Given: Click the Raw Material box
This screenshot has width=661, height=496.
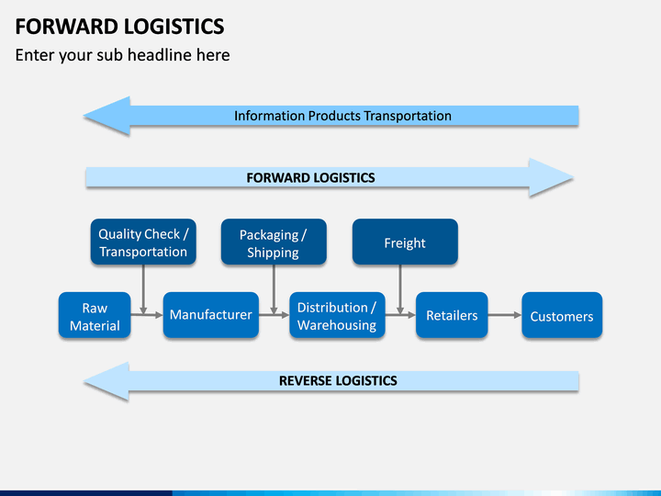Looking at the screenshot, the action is [95, 315].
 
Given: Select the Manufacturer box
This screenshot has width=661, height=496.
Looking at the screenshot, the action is [211, 315].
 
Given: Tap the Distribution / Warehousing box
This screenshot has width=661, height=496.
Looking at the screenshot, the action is [337, 315].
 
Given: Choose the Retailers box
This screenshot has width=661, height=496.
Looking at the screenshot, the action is [452, 315].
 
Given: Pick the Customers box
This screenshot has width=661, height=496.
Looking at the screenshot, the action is [562, 315].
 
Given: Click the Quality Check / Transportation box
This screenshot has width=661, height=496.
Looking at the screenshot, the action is [143, 242].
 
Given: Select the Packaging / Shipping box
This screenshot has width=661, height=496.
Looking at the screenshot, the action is [274, 242].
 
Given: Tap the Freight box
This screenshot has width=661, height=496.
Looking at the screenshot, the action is [405, 242].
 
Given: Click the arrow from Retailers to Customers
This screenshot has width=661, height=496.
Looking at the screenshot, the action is [505, 315].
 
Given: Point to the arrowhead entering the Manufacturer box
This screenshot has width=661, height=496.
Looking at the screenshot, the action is [159, 315].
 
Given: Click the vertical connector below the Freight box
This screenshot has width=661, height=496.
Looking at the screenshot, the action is [400, 289].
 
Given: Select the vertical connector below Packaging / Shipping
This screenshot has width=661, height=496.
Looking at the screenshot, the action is [274, 289].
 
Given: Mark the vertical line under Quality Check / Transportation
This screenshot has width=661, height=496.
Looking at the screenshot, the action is [143, 289].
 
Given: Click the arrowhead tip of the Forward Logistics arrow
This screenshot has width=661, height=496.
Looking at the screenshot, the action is [573, 177].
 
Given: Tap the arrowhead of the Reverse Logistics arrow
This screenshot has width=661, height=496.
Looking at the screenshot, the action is [106, 381].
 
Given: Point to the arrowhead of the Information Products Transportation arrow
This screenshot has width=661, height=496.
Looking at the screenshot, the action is [106, 116].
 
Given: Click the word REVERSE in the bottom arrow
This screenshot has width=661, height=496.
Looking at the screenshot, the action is [305, 381].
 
